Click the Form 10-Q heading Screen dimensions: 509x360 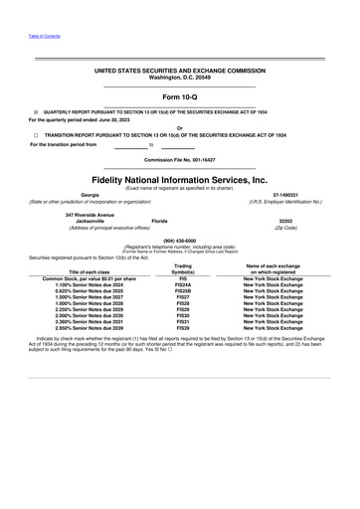pyautogui.click(x=180, y=96)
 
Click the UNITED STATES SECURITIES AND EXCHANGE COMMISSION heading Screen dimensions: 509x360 pyautogui.click(x=180, y=73)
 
